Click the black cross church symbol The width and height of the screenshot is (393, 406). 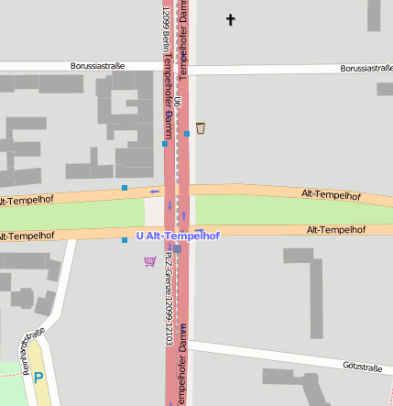230,18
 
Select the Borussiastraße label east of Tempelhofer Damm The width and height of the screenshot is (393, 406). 366,68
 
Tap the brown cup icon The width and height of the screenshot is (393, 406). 201,128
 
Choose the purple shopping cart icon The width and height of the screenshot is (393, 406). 149,261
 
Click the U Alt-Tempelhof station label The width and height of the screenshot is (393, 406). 178,236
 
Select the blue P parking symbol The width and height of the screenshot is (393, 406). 38,376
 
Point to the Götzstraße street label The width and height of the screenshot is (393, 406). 362,367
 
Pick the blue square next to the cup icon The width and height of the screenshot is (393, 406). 187,134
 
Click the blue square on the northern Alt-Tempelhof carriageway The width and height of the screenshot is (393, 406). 125,188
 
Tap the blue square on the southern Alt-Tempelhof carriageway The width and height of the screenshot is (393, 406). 125,240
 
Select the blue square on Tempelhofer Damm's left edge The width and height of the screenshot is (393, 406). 165,144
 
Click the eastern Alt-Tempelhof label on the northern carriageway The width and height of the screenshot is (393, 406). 331,195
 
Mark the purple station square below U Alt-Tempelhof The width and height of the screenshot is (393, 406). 177,248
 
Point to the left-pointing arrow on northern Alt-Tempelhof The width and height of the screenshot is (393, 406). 154,192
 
